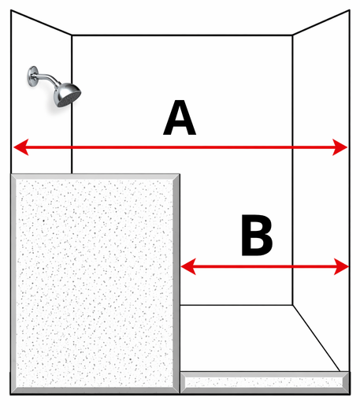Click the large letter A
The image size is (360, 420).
pyautogui.click(x=180, y=117)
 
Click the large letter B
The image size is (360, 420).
pyautogui.click(x=257, y=235)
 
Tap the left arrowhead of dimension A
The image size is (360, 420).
pyautogui.click(x=21, y=147)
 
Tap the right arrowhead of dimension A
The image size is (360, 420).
pyautogui.click(x=340, y=147)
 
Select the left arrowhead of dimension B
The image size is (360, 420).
pyautogui.click(x=188, y=266)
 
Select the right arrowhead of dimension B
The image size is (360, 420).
pyautogui.click(x=341, y=266)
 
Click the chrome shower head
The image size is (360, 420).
pyautogui.click(x=67, y=95)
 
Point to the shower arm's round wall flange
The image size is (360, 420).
pyautogui.click(x=32, y=76)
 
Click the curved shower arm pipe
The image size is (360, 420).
pyautogui.click(x=46, y=78)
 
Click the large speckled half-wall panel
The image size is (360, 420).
pyautogui.click(x=95, y=284)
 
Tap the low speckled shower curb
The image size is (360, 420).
pyautogui.click(x=265, y=382)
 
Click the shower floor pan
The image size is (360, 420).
pyautogui.click(x=257, y=338)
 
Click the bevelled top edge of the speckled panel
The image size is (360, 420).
pyautogui.click(x=95, y=177)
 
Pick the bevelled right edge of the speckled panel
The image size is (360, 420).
pyautogui.click(x=176, y=284)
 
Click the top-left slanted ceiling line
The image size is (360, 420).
pyautogui.click(x=41, y=23)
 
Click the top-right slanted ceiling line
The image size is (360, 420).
pyautogui.click(x=321, y=23)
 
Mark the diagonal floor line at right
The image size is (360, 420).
pyautogui.click(x=317, y=338)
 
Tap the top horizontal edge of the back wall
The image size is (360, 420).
pyautogui.click(x=182, y=35)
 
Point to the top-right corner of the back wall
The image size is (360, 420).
pyautogui.click(x=292, y=35)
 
